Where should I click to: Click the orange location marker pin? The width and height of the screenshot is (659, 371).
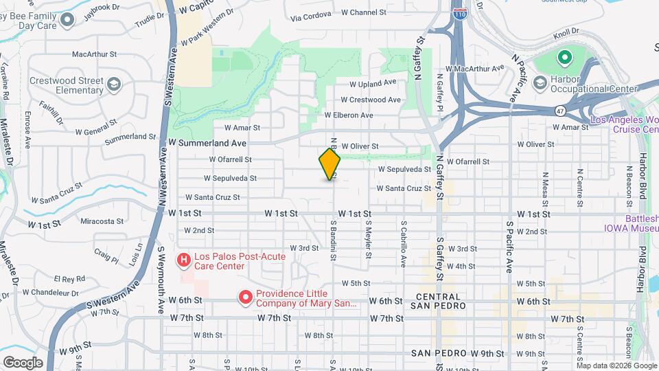[x=330, y=164]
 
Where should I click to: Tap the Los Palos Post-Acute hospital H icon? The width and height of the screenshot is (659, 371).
[x=184, y=260]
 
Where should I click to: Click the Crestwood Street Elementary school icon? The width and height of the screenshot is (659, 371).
[x=113, y=85]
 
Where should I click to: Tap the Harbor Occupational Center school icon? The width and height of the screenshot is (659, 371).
[x=541, y=82]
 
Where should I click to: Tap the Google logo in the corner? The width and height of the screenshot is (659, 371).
[x=23, y=362]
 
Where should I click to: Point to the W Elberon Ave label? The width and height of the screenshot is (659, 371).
[x=349, y=115]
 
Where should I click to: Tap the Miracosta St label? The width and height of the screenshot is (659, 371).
[x=102, y=222]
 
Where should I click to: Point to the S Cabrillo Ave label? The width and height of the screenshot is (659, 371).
[x=403, y=244]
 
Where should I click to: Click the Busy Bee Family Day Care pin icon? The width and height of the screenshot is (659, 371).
[x=67, y=20]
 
